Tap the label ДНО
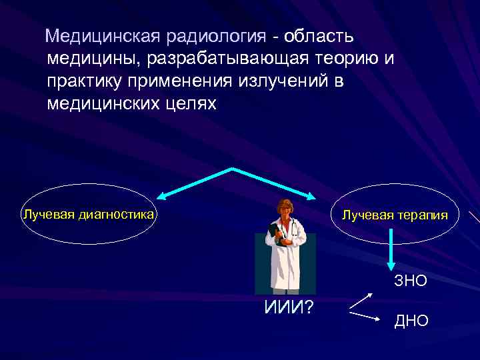411,321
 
